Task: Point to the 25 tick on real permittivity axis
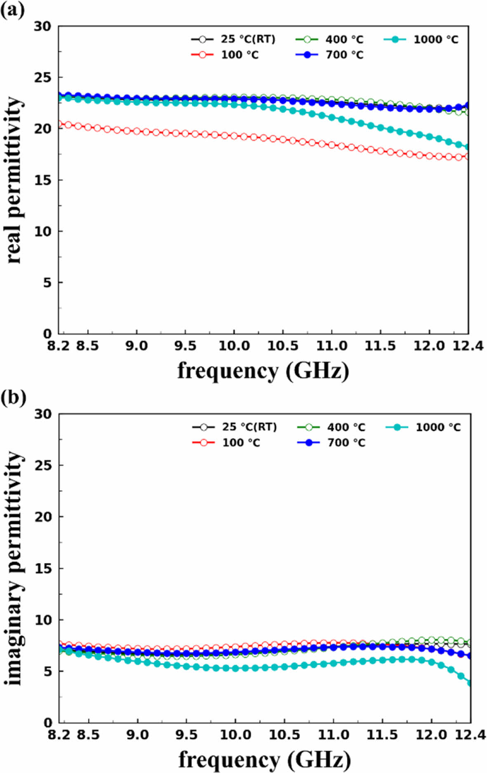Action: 43,77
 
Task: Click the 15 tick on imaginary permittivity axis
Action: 43,568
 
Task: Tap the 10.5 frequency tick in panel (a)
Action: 282,345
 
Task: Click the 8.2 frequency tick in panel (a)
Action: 58,345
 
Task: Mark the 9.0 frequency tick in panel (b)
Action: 137,734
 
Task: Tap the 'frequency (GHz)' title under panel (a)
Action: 263,371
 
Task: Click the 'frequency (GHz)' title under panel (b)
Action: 264,759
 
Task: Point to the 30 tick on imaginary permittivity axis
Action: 43,414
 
